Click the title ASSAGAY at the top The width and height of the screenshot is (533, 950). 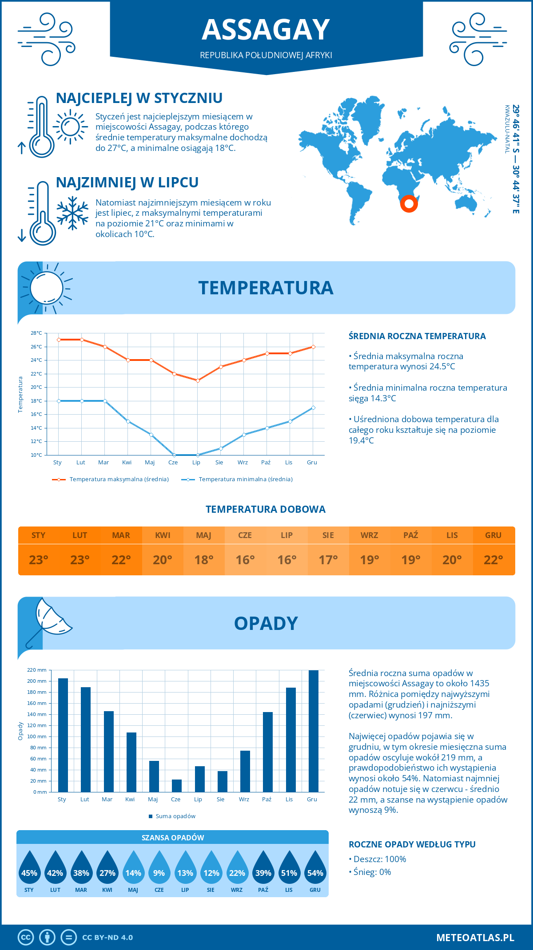(266, 30)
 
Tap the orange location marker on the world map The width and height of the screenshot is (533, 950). (409, 204)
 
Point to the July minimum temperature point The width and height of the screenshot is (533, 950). (198, 455)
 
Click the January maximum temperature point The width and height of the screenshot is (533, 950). (59, 340)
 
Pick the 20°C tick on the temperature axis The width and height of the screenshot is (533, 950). (36, 387)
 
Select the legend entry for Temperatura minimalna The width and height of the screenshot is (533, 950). (238, 479)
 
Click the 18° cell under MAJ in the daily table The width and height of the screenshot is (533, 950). (204, 560)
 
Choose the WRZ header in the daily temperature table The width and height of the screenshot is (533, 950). (369, 535)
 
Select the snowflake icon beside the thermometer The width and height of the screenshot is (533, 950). (72, 213)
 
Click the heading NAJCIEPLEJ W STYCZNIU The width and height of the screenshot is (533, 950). (139, 98)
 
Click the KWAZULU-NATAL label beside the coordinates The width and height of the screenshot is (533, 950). (506, 129)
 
